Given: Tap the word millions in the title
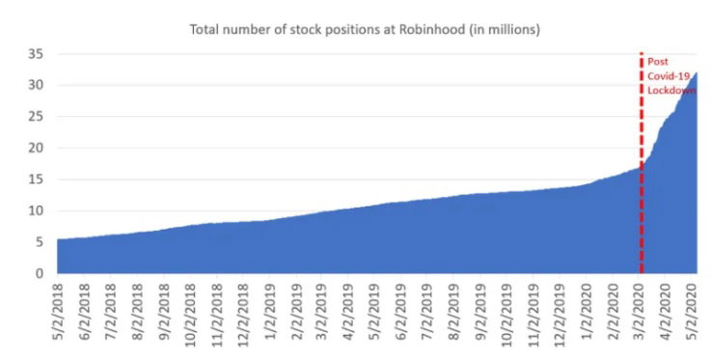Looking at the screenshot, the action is pos(514,30).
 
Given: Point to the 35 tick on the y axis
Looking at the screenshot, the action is pos(36,54).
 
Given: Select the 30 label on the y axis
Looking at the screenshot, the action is pos(36,85).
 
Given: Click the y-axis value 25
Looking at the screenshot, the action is pos(36,117).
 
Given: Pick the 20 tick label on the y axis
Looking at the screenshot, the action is pos(36,148).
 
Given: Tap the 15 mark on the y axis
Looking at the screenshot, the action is pos(36,180).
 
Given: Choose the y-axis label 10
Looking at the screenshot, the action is pos(36,210).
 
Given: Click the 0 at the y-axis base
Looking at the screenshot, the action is pos(40,273).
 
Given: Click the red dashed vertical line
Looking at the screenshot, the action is pos(642,163).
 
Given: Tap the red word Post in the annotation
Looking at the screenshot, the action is pos(658,62).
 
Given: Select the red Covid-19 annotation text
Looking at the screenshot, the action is pos(669,75).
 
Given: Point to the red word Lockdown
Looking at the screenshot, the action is pos(671,90).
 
